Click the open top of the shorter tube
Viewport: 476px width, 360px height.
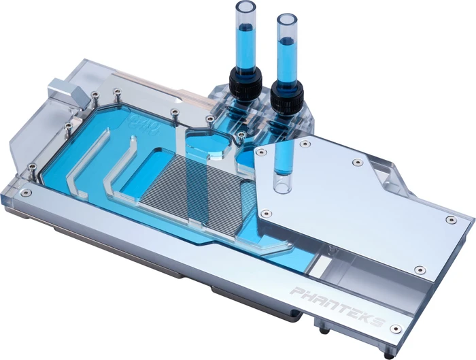tap(286, 20)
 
